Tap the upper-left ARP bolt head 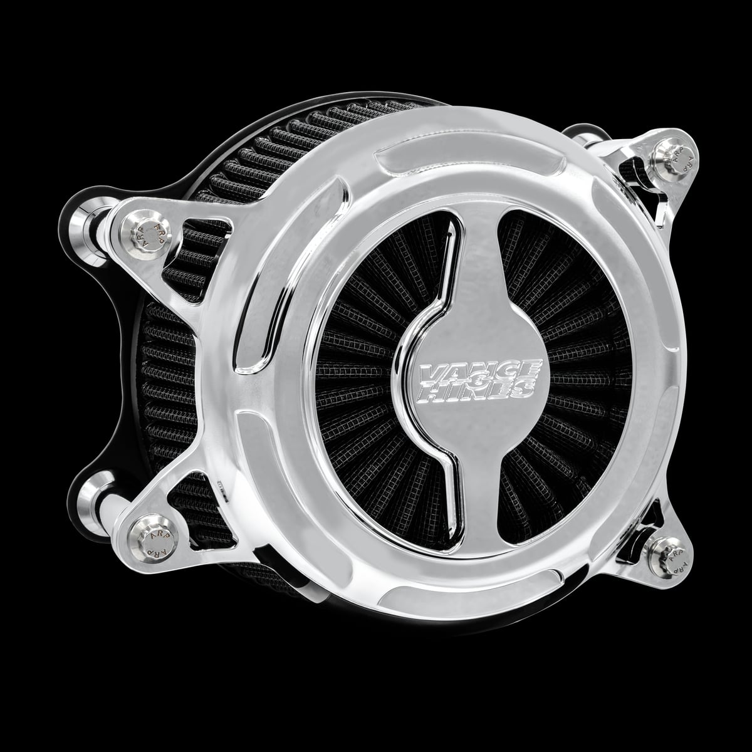144,235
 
